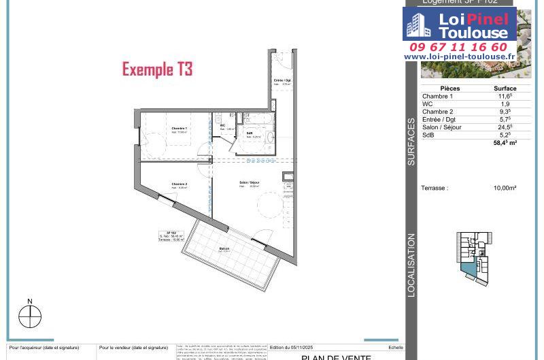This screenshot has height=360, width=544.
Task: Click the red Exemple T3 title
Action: click(157, 69)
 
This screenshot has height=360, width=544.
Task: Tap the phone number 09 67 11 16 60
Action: click(458, 47)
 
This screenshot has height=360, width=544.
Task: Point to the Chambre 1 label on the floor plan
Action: click(180, 129)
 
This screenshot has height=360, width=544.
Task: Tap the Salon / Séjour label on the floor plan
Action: click(249, 183)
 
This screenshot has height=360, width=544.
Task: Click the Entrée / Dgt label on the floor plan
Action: click(282, 80)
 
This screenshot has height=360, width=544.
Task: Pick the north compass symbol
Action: click(30, 316)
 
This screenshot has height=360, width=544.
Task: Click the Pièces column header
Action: click(450, 88)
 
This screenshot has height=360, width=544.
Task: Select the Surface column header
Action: click(505, 88)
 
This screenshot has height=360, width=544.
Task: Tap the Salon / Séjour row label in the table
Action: click(441, 127)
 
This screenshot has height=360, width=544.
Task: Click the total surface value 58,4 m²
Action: click(505, 143)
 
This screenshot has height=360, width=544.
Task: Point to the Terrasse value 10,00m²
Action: click(505, 188)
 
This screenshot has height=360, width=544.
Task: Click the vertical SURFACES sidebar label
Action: click(411, 142)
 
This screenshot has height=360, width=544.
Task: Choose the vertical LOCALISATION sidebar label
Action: click(411, 265)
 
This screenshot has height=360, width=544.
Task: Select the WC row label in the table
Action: click(428, 104)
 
